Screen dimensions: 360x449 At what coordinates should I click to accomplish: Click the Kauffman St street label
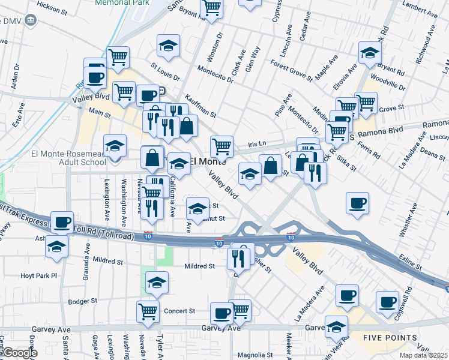[x=200, y=106]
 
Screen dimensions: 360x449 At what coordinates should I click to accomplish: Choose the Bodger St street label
[x=82, y=302]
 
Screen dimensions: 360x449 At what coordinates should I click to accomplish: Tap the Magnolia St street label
[x=256, y=355]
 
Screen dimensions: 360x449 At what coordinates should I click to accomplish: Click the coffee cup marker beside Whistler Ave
[x=358, y=203]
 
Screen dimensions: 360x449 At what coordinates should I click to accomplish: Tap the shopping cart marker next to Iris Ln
[x=221, y=145]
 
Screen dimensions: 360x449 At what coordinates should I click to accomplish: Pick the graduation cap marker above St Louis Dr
[x=169, y=45]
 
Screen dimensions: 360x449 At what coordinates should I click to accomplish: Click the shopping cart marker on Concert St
[x=148, y=311]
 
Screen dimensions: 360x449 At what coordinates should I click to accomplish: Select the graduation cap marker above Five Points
[x=337, y=326]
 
